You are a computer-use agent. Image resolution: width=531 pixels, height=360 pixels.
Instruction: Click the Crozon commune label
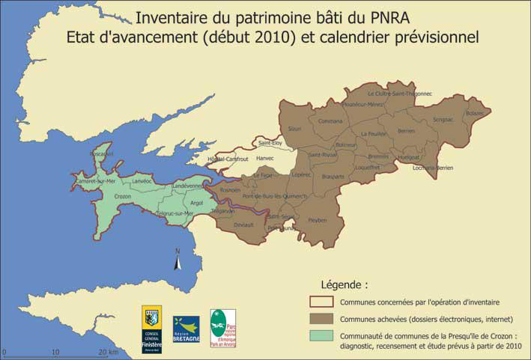pyautogui.click(x=122, y=197)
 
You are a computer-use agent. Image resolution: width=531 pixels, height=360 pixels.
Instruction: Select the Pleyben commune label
pyautogui.click(x=317, y=221)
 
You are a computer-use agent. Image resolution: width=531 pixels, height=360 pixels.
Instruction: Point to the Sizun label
pyautogui.click(x=295, y=129)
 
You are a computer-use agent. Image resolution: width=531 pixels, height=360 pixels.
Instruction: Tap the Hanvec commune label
pyautogui.click(x=265, y=159)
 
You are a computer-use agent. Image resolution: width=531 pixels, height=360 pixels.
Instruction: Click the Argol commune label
pyautogui.click(x=197, y=203)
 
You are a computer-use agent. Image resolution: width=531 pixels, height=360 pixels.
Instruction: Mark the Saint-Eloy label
pyautogui.click(x=270, y=142)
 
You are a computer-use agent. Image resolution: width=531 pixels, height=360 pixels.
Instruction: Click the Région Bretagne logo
pyautogui.click(x=186, y=329)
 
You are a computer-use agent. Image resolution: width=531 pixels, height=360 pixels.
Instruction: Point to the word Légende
pyautogui.click(x=345, y=285)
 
